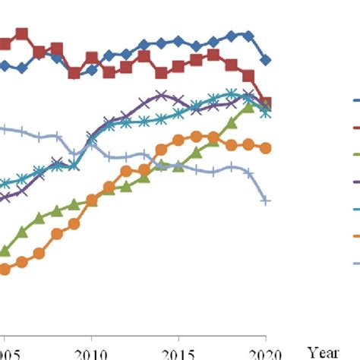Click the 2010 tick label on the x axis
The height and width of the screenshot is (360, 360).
click(91, 352)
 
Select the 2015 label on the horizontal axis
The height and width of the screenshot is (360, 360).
click(178, 352)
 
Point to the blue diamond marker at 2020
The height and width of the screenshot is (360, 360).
click(266, 60)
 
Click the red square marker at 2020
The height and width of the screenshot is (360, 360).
click(266, 103)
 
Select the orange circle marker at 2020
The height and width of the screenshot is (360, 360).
click(266, 148)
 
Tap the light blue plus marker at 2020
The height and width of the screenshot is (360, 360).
click(266, 201)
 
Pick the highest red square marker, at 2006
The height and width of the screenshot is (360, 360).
click(22, 34)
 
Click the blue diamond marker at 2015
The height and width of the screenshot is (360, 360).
click(178, 41)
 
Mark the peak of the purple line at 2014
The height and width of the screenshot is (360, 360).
click(161, 95)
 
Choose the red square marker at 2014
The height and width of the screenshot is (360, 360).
click(161, 74)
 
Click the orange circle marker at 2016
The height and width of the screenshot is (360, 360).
click(196, 137)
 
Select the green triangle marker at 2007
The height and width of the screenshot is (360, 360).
click(39, 217)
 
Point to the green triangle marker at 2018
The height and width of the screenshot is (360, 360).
click(231, 122)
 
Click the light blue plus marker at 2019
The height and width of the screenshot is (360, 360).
click(248, 173)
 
